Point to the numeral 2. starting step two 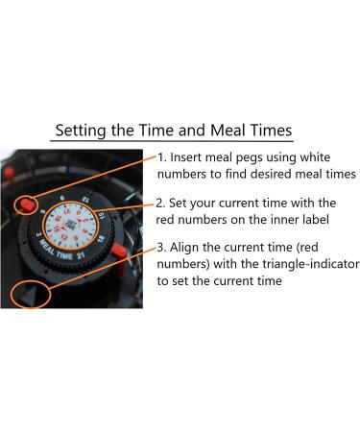point(162,204)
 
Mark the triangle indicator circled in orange point(30,292)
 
